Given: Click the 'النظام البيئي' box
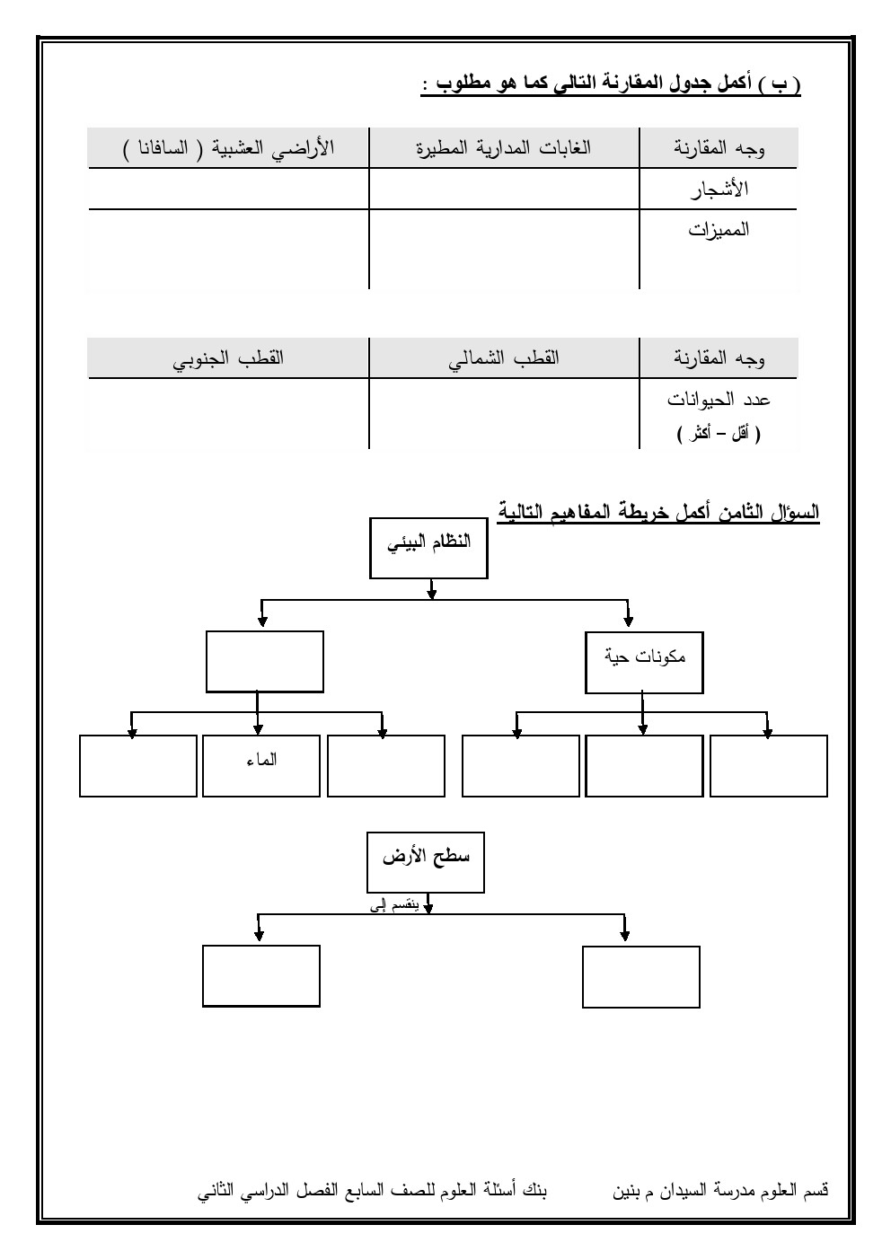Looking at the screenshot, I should (x=428, y=548).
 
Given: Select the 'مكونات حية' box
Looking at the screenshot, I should (x=644, y=663).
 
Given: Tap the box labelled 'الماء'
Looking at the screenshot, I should (x=260, y=765).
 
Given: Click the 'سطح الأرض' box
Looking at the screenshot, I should (x=426, y=863).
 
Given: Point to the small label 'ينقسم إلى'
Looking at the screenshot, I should (x=393, y=906).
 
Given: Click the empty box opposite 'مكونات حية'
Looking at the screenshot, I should (x=264, y=661).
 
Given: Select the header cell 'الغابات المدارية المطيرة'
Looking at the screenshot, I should (x=503, y=148).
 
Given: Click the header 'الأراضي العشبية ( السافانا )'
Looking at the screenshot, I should (x=228, y=148).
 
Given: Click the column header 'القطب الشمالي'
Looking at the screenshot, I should (x=504, y=357).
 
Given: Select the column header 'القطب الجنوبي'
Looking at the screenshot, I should (x=228, y=357).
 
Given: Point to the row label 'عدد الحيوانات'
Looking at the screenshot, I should (x=719, y=399).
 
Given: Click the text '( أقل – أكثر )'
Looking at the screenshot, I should (x=719, y=434).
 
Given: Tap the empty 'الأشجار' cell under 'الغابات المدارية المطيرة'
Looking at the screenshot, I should (x=503, y=189).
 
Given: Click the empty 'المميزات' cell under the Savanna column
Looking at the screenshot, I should (x=228, y=249).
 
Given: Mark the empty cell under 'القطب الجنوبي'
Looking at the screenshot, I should (x=228, y=413).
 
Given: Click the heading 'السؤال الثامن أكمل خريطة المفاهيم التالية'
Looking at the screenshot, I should (x=658, y=513).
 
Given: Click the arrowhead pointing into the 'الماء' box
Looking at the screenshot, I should (x=258, y=731).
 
